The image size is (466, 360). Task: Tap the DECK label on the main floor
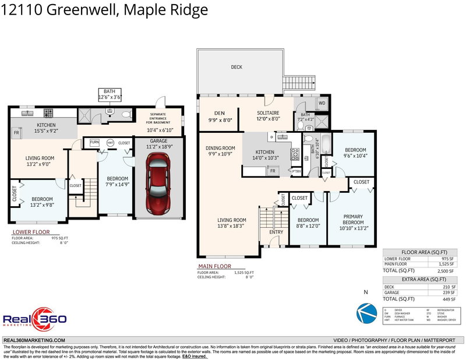point(236,68)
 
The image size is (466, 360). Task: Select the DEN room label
point(220,113)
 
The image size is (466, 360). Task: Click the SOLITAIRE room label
point(269,113)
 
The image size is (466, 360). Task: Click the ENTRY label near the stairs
point(276,232)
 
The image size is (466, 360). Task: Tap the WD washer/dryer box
point(322,104)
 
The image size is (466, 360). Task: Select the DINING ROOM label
point(220,148)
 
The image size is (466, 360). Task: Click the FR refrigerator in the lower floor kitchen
point(16,133)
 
